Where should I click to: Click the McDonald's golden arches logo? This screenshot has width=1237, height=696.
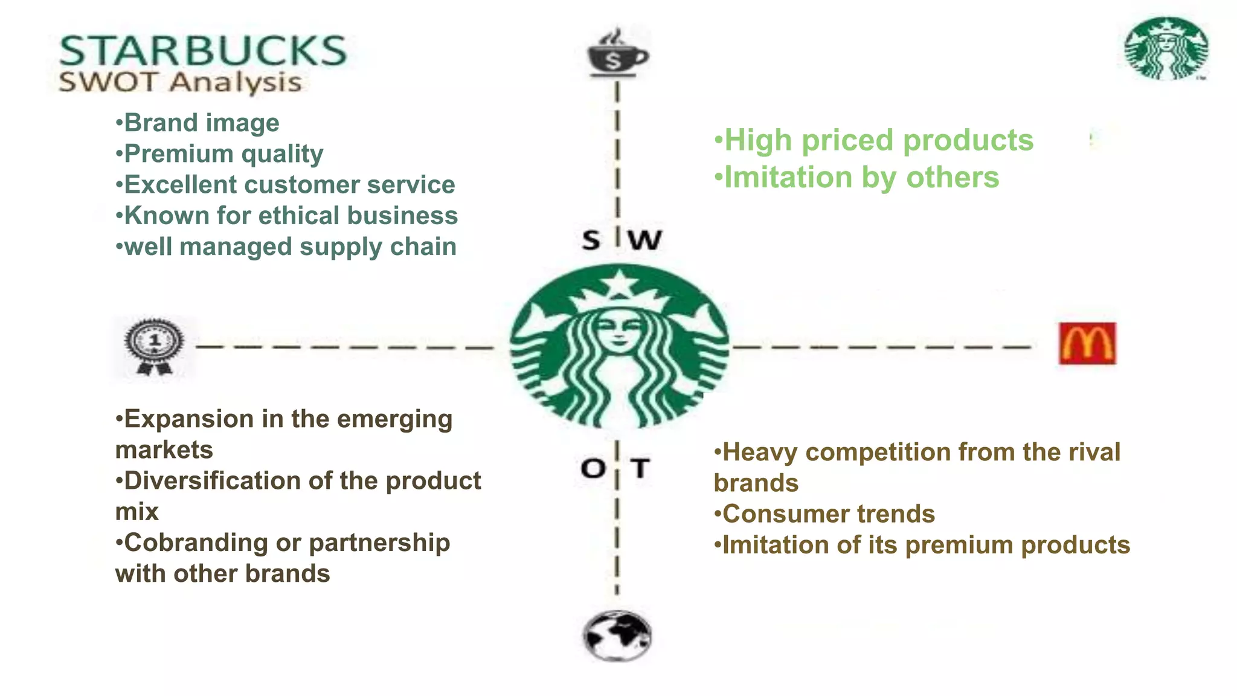coord(1087,344)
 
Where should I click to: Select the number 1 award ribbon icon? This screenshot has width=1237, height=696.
coord(154,346)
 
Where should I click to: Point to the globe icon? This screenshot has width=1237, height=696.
coord(617,636)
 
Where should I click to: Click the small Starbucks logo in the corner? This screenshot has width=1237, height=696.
coord(1166,49)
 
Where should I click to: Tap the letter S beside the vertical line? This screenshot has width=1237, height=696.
coord(591,240)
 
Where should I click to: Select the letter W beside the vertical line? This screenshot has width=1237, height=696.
coord(645,240)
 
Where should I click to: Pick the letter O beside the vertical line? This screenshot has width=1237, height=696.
coord(593,468)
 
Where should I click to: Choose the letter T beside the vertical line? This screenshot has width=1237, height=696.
coord(640,468)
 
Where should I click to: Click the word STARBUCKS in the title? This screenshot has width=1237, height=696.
coord(203,51)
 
